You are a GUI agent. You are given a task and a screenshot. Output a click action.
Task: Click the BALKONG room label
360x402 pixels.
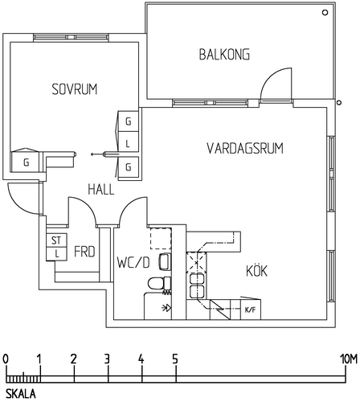[x=224, y=55]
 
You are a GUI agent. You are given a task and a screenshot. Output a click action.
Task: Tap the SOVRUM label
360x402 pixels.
[x=75, y=89]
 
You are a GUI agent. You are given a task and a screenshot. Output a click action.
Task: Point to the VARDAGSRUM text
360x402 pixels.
[x=245, y=148]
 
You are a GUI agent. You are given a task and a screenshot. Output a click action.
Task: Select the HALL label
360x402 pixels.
[x=101, y=190]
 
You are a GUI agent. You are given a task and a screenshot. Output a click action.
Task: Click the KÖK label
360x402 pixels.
[x=256, y=270]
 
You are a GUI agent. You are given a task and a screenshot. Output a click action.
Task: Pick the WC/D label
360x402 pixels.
[x=133, y=263]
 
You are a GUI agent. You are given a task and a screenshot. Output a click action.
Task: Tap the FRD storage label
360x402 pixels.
[x=84, y=252]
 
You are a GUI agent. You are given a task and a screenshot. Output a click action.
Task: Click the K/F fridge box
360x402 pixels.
[x=251, y=310]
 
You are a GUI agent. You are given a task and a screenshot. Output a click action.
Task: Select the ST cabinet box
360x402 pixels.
[x=56, y=240]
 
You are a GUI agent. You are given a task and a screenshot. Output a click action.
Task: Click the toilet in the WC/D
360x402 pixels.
[x=159, y=284]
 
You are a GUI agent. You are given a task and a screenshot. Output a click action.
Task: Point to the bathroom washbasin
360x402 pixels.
[x=165, y=261]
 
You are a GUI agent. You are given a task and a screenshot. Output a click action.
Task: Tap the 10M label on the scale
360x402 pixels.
[x=349, y=359]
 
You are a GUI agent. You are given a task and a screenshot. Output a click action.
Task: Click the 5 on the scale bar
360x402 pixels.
[x=175, y=359]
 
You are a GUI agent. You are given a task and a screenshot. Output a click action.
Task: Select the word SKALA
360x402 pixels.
[x=21, y=394]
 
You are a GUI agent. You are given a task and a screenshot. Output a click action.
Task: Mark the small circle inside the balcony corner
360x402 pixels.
[x=325, y=12]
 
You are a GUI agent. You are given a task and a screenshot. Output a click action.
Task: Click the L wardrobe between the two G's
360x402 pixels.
[x=129, y=144]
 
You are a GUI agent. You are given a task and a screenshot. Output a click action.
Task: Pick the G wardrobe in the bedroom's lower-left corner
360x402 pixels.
[x=27, y=162]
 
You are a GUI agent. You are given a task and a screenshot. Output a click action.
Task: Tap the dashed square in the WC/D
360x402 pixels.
[x=161, y=239]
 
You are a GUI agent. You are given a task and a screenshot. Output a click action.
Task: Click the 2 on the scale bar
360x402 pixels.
[x=74, y=359]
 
